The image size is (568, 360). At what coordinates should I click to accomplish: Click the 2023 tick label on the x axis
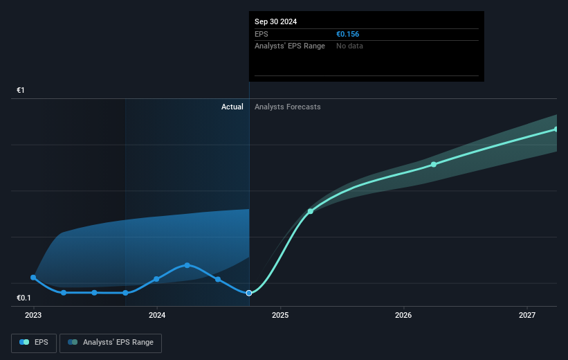pyautogui.click(x=33, y=316)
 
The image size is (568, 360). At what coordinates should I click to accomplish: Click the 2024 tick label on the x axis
pyautogui.click(x=157, y=316)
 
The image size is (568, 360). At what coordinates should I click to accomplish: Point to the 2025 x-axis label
pyautogui.click(x=280, y=316)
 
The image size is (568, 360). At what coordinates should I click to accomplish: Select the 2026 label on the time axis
pyautogui.click(x=403, y=316)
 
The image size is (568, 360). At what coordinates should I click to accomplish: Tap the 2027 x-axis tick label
pyautogui.click(x=527, y=316)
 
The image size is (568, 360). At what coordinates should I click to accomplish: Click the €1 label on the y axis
pyautogui.click(x=21, y=91)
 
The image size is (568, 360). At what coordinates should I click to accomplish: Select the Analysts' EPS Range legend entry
pyautogui.click(x=111, y=342)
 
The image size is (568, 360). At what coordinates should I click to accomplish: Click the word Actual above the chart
pyautogui.click(x=232, y=107)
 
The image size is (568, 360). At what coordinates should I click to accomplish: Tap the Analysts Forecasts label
pyautogui.click(x=287, y=107)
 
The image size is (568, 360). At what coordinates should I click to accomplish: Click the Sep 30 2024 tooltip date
pyautogui.click(x=275, y=21)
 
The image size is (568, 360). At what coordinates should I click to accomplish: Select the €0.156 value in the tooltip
pyautogui.click(x=347, y=34)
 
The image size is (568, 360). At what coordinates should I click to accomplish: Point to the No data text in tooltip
pyautogui.click(x=349, y=46)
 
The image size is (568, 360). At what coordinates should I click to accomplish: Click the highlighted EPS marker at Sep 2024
pyautogui.click(x=249, y=293)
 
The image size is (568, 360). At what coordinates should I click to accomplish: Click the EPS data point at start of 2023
pyautogui.click(x=33, y=277)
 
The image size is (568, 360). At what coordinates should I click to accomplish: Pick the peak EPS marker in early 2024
pyautogui.click(x=187, y=265)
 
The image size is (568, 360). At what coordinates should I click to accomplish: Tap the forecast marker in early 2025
pyautogui.click(x=311, y=210)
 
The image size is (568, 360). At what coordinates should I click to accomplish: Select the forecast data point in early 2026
pyautogui.click(x=434, y=164)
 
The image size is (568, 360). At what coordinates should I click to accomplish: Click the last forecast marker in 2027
pyautogui.click(x=556, y=129)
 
